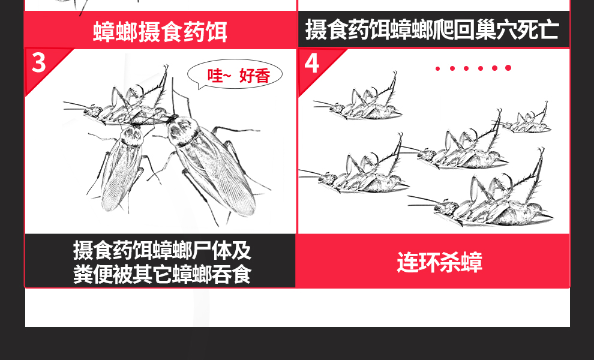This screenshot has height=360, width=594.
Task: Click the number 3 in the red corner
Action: (38, 62)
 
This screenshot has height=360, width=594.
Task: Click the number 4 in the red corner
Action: (312, 63)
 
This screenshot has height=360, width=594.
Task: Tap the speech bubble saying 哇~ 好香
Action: (235, 75)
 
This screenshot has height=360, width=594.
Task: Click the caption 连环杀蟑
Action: (439, 262)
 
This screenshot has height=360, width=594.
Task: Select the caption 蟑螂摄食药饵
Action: (160, 31)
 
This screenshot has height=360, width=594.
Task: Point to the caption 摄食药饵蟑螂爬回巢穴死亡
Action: (432, 29)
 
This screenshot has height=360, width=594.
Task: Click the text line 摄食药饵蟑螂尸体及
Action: (162, 250)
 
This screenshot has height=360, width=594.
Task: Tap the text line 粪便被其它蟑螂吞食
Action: (162, 274)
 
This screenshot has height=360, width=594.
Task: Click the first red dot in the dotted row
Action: (437, 68)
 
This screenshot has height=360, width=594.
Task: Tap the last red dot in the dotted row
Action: (508, 68)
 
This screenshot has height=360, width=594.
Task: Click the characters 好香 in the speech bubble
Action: (254, 76)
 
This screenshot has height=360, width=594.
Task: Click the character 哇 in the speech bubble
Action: (215, 76)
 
